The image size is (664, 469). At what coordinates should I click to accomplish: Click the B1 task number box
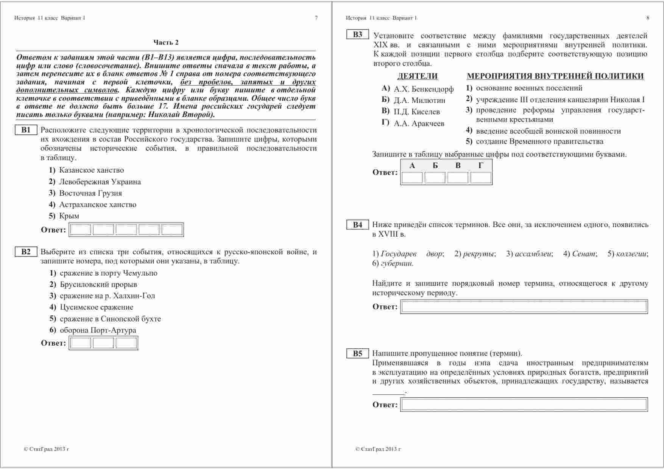pos(26,130)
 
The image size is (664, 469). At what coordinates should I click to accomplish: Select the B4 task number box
pos(357,225)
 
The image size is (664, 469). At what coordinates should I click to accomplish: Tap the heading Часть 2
pos(166,42)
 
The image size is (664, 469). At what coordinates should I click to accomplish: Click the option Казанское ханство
pos(91,170)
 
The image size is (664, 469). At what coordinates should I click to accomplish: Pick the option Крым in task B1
pos(69,216)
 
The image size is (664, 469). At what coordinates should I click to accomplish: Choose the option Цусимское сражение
pos(96,307)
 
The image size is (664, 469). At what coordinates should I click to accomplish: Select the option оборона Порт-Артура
pos(98,330)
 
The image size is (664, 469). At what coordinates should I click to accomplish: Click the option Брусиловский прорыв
pos(98,285)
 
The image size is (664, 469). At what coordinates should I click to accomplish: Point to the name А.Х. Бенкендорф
pos(423,89)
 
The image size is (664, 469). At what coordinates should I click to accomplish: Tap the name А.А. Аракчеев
pos(419,124)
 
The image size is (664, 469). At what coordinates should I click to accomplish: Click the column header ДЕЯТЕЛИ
pos(418,76)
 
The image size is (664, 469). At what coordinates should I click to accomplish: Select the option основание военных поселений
pos(529,88)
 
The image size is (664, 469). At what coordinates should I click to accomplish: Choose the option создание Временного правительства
pos(539,142)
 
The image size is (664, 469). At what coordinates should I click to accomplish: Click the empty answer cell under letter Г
pos(481,178)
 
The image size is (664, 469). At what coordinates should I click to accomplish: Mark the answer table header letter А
pos(412,165)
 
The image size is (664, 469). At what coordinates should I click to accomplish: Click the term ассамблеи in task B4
pos(533,254)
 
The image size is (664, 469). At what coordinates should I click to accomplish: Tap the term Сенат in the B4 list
pos(584,254)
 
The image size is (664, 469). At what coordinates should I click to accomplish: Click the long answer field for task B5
pos(524,405)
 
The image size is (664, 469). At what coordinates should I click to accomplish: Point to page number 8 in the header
pos(648,18)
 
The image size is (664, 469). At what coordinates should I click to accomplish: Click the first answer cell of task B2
pos(81,343)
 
